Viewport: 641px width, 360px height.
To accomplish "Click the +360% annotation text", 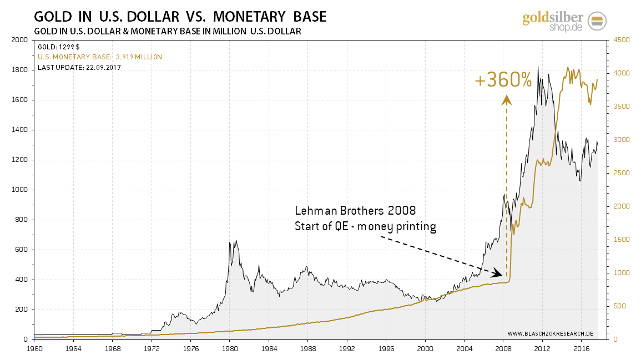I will (503, 81).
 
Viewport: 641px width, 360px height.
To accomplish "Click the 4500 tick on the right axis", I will (620, 40).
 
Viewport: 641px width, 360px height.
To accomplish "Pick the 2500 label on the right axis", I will (620, 173).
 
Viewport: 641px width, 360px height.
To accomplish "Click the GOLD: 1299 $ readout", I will (59, 47).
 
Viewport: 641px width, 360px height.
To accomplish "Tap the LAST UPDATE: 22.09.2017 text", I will (79, 68).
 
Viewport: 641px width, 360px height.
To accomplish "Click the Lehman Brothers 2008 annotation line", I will (355, 211).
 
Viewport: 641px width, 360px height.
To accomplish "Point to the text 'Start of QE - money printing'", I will (365, 226).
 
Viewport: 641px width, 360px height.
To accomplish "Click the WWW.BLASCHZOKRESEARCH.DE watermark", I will (551, 334).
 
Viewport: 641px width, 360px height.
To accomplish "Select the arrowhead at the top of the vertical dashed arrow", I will (506, 100).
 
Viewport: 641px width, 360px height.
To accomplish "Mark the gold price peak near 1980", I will (236, 240).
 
